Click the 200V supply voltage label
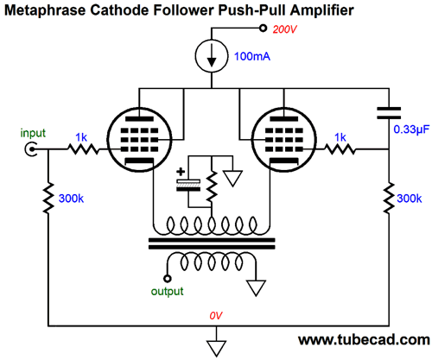click(x=284, y=29)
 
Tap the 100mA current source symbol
click(x=212, y=56)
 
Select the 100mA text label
click(x=252, y=56)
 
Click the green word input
click(x=33, y=133)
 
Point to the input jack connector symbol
click(x=31, y=149)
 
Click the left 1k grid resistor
click(x=84, y=149)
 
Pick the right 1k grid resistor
click(x=340, y=149)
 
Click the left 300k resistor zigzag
click(x=48, y=198)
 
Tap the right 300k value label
click(x=409, y=199)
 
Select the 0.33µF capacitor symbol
click(x=389, y=113)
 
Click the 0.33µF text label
click(x=411, y=129)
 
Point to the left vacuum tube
click(x=139, y=140)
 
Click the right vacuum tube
click(x=284, y=140)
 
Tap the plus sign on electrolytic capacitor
click(x=181, y=172)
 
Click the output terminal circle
click(x=168, y=279)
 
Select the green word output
click(x=167, y=291)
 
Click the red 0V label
click(x=216, y=316)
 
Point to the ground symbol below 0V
click(x=216, y=349)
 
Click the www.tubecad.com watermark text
click(x=364, y=339)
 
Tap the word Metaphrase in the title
click(x=45, y=10)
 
